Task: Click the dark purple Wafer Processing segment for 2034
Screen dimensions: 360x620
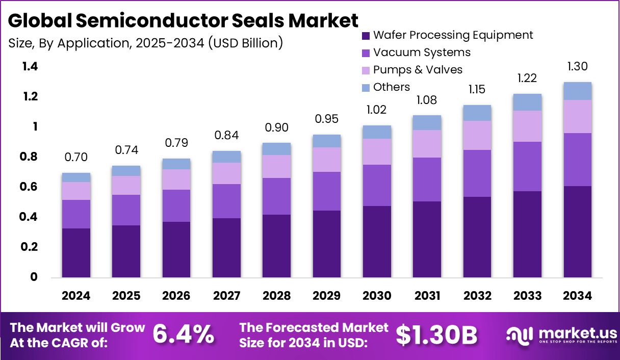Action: [x=577, y=232]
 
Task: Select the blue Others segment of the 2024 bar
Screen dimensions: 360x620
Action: [x=76, y=177]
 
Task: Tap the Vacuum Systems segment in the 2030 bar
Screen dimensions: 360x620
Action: [x=377, y=185]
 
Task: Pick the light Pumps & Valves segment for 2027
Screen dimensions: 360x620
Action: [x=226, y=173]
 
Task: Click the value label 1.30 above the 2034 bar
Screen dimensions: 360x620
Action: [x=577, y=66]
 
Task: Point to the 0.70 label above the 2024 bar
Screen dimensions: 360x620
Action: [x=76, y=158]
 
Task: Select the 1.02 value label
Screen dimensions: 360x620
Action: [x=377, y=110]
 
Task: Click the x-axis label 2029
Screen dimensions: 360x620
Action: [x=327, y=296]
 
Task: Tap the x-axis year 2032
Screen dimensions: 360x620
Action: [x=477, y=296]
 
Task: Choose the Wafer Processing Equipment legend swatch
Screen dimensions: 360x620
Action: [x=366, y=36]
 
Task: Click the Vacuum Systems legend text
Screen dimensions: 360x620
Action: [x=422, y=53]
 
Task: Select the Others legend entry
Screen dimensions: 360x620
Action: [x=391, y=87]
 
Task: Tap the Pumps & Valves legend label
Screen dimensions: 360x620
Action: [x=418, y=70]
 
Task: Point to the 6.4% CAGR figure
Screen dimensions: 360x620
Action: [x=184, y=335]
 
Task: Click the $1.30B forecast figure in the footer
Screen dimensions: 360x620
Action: [x=436, y=335]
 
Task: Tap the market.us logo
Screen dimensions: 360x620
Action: [x=561, y=335]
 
